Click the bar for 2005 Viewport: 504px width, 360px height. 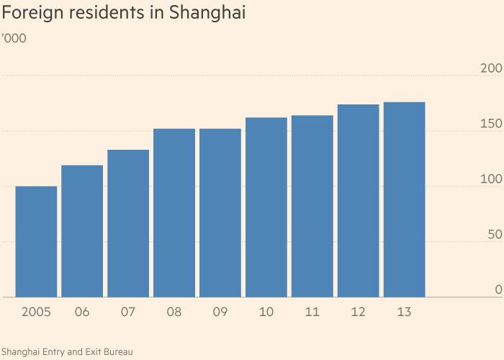[x=36, y=242]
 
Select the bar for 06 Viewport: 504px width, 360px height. [x=82, y=231]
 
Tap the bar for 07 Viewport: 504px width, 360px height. [x=128, y=223]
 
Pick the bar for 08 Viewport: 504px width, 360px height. [x=174, y=213]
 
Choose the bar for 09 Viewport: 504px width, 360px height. [x=220, y=213]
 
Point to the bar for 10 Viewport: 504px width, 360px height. [x=266, y=207]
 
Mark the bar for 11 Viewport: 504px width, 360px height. [x=312, y=207]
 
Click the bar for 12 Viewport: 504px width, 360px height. [x=358, y=201]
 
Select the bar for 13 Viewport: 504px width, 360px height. [x=404, y=200]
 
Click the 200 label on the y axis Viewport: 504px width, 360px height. [x=490, y=68]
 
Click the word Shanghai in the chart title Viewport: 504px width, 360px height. [x=204, y=14]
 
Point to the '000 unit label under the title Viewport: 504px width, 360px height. [x=14, y=38]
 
